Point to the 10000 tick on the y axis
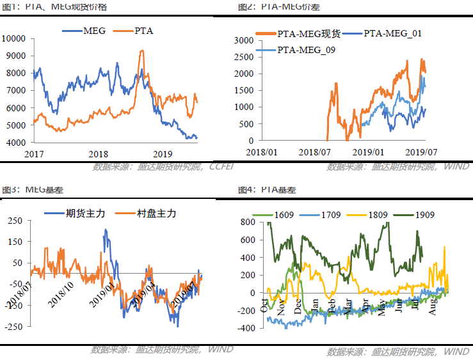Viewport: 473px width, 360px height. pos(13,38)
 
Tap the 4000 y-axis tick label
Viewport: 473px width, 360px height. pos(15,143)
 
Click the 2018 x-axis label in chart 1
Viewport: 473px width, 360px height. pos(98,154)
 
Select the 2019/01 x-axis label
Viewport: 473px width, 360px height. pos(368,153)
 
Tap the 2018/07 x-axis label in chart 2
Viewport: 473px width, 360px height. pos(316,153)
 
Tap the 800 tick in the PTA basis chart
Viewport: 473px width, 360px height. pos(248,223)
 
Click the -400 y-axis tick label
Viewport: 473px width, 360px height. pos(246,327)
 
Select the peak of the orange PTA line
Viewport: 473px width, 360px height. pos(141,51)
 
